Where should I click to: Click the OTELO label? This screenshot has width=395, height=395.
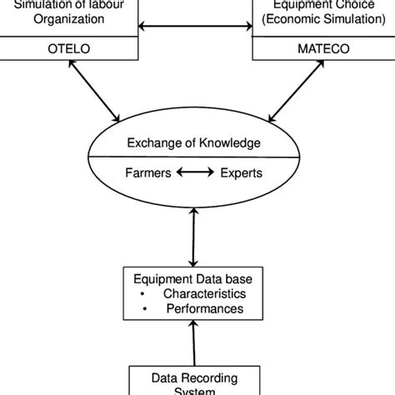70,48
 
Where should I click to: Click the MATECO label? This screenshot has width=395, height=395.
322,48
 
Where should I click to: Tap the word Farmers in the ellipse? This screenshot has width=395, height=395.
149,174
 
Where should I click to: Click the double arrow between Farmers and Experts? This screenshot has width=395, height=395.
196,174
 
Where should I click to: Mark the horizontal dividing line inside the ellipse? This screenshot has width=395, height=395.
196,155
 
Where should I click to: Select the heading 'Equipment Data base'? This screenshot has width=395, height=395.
196,279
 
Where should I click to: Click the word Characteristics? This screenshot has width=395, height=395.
203,294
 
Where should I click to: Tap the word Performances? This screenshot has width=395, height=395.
203,309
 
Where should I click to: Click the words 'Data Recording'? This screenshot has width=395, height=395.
196,377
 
